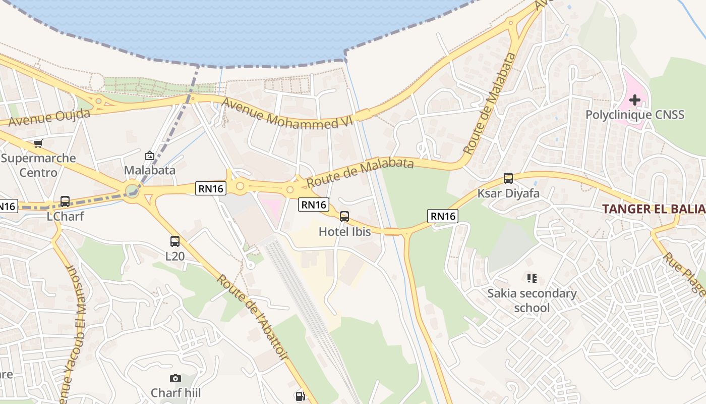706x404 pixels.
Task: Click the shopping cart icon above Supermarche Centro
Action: (38, 144)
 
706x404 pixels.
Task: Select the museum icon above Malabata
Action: (149, 156)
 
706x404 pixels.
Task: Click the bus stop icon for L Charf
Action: (65, 201)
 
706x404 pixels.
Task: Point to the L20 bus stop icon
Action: (175, 241)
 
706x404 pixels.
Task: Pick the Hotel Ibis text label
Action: (344, 232)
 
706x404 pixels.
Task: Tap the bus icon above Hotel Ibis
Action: (344, 217)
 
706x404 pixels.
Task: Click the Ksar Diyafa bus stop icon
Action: (508, 178)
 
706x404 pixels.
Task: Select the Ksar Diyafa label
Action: (508, 193)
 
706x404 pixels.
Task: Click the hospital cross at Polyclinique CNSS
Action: (635, 99)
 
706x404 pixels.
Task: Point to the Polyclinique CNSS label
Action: (635, 115)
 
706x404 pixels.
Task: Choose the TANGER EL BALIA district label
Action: (654, 209)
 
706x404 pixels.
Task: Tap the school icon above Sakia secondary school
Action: (532, 278)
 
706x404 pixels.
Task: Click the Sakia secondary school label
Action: (532, 300)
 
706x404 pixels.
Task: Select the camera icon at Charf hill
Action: (175, 378)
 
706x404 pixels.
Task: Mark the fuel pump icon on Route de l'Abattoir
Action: (300, 396)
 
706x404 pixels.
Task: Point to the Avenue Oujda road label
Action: (49, 118)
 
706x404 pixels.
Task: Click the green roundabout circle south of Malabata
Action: (132, 191)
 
